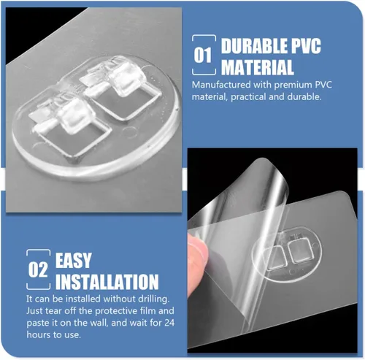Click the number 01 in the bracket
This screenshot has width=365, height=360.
pos(202,55)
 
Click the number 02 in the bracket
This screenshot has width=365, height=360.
pos(38,269)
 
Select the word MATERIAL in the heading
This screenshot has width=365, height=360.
pos(258,67)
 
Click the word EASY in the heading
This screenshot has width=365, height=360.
pos(74,261)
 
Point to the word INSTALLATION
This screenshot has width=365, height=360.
pos(107,282)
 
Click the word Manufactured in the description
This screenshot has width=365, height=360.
pos(221,85)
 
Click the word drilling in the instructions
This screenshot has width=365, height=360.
pos(153,299)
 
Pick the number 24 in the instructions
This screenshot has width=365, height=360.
pos(169,323)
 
